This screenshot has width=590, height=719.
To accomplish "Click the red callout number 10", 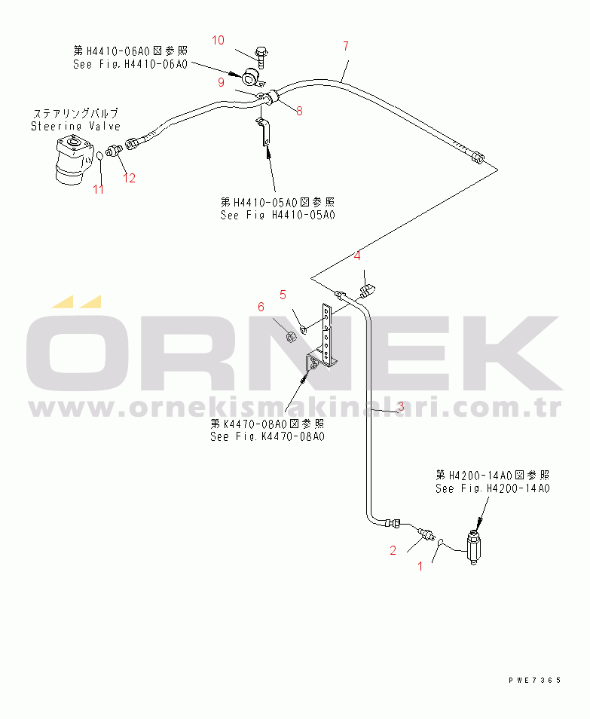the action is click(218, 41).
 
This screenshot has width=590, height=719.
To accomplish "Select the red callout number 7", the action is click(346, 46).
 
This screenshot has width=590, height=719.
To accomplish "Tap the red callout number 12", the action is click(130, 178).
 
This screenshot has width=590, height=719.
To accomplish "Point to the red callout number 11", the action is click(98, 189).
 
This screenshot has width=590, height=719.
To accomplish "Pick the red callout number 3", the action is click(401, 405).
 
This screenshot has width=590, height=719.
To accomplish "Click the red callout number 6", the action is click(261, 307).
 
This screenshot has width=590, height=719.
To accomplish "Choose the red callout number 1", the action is click(420, 566).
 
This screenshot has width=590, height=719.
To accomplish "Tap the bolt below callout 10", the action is click(261, 57).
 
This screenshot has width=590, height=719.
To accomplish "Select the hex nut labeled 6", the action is click(290, 337).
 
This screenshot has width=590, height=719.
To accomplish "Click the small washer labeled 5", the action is click(304, 328).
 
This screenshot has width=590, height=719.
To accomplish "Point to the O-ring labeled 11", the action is click(99, 157).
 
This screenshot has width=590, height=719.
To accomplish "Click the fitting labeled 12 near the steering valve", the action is click(113, 150).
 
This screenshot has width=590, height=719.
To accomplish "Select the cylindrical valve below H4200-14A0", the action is click(474, 547).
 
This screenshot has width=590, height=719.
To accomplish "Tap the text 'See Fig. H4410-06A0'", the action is click(130, 64).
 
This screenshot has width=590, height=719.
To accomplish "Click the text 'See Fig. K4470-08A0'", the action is click(267, 436).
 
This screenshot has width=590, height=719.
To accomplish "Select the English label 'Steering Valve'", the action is click(75, 126).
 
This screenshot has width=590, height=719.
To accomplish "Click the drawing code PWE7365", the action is click(534, 681).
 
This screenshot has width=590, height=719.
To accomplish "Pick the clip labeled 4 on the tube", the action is click(367, 289).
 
